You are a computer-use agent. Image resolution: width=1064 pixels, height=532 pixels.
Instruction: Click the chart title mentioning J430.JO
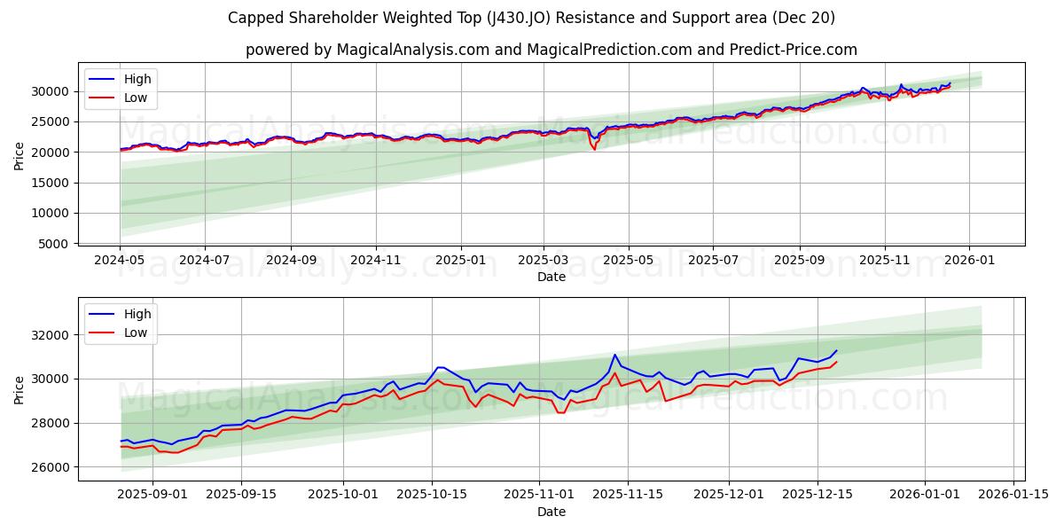[x=531, y=18]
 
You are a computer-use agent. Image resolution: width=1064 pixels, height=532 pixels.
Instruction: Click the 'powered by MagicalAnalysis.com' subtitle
[x=551, y=50]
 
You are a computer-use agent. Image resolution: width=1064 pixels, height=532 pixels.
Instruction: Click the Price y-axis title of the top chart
[x=20, y=156]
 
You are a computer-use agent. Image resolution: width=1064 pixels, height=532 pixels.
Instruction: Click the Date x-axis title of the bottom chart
[x=551, y=512]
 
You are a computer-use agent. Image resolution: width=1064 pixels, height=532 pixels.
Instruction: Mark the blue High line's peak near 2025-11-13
[x=614, y=355]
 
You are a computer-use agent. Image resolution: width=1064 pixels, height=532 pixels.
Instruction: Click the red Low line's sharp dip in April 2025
[x=594, y=149]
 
